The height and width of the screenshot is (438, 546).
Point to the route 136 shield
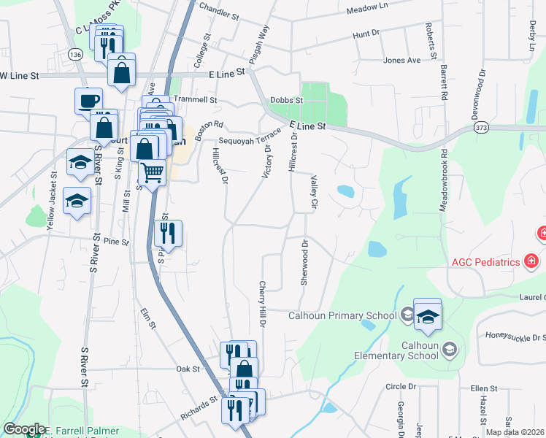75,55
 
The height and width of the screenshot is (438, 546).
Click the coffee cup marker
88,100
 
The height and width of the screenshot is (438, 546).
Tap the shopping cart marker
152,173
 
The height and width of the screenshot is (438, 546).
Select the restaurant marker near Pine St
169,234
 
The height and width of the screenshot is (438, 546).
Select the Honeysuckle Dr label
515,337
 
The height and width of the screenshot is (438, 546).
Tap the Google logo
24,429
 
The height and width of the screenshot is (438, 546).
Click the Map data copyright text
515,432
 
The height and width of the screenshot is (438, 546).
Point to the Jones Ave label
402,60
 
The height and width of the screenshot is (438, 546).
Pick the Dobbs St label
286,101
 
